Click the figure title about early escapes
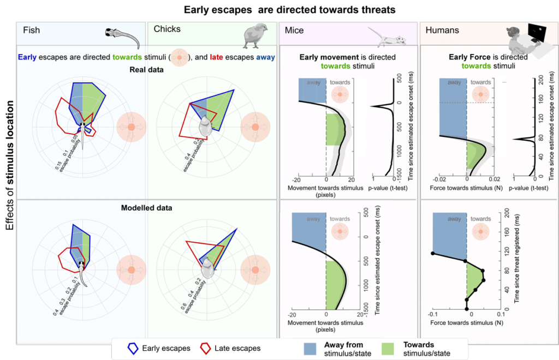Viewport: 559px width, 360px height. pos(289,10)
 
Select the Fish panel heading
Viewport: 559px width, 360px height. pos(31,30)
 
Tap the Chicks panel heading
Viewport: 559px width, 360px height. pos(167,29)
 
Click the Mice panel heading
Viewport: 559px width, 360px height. pos(294,30)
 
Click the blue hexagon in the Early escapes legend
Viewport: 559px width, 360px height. pos(132,348)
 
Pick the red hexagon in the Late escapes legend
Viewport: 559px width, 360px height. pos(206,348)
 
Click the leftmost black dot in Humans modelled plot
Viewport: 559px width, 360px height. pos(433,253)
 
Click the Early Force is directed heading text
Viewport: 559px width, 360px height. pos(480,57)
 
